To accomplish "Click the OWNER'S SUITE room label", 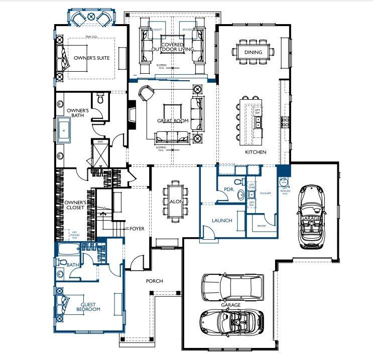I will coord(91,58).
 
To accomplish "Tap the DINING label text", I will coord(253,52).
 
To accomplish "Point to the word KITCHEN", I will coord(255,152).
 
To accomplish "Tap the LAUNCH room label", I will coord(221,220).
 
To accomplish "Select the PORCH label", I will coord(154,281).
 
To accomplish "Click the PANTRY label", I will coord(261,226).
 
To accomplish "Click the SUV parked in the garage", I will coord(232,286).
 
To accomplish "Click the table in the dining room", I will coord(253,51).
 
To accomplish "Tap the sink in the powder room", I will coord(240,195).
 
